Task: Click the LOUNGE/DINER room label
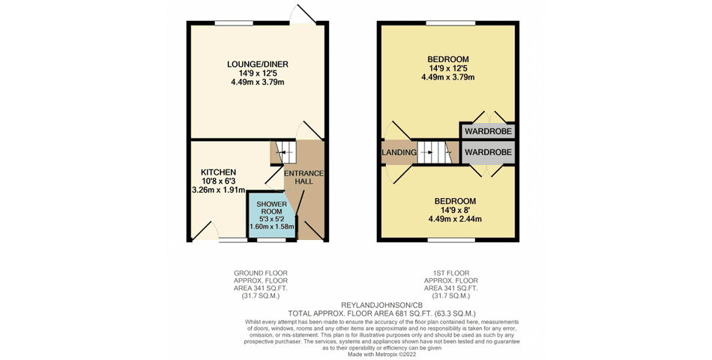[x=258, y=64]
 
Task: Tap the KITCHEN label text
[x=218, y=172]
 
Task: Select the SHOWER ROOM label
[x=271, y=208]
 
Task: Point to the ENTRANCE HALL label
[x=304, y=177]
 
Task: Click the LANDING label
[x=399, y=152]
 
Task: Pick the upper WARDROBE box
[x=488, y=131]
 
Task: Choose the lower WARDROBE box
[x=488, y=152]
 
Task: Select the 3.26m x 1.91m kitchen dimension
[x=218, y=190]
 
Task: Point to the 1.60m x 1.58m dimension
[x=271, y=226]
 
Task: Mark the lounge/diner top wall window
[x=234, y=23]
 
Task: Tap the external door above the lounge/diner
[x=304, y=15]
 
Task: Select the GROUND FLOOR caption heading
[x=261, y=273]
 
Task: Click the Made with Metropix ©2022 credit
[x=381, y=354]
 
